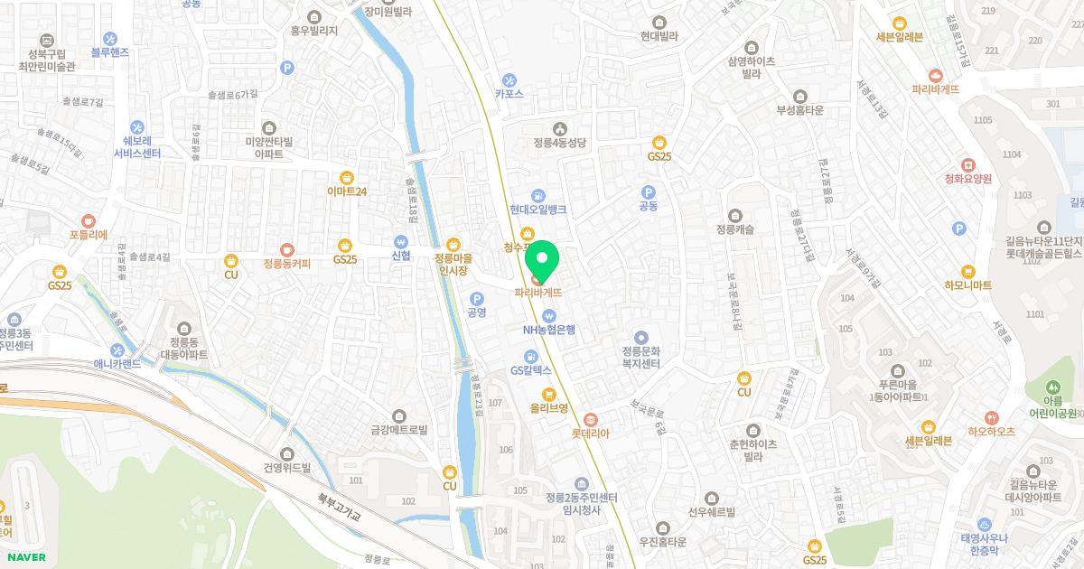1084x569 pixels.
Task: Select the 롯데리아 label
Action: (x=591, y=434)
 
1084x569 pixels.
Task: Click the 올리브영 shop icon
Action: (x=548, y=393)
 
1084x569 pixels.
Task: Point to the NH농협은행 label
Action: (x=548, y=330)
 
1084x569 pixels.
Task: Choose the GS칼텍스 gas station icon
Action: (x=532, y=356)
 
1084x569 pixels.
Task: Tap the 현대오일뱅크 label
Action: (x=537, y=209)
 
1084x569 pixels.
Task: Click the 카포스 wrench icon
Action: (x=509, y=79)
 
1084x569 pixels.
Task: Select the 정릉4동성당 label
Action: (x=560, y=143)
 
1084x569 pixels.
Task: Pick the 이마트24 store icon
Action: (x=347, y=177)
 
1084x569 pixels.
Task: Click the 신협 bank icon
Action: (x=401, y=241)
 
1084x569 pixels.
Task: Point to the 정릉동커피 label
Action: (x=286, y=264)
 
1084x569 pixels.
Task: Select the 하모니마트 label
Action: (x=967, y=284)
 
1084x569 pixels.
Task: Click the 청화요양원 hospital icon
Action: (x=967, y=165)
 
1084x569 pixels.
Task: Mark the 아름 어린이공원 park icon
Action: (x=1053, y=387)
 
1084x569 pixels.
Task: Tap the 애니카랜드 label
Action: (x=117, y=364)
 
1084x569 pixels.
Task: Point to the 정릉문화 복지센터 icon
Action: (x=641, y=338)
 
